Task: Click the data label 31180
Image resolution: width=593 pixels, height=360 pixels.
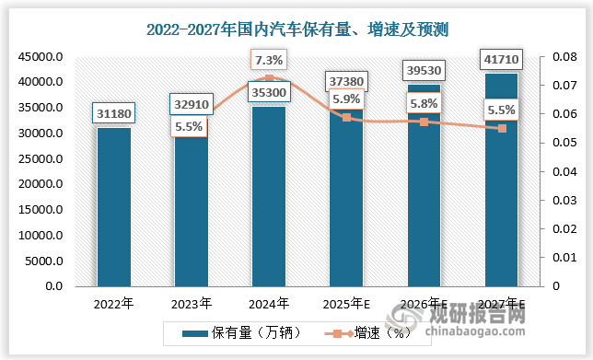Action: [x=113, y=114]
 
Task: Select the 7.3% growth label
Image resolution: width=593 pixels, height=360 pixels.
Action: [x=269, y=61]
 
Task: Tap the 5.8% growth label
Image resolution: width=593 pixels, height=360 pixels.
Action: [x=424, y=104]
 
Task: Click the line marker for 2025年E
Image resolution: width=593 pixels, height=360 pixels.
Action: [x=346, y=118]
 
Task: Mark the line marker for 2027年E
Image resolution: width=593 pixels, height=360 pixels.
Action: [x=503, y=129]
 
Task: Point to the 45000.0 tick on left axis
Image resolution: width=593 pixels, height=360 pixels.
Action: [x=39, y=57]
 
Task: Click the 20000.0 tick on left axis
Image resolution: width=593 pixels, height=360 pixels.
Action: [x=39, y=184]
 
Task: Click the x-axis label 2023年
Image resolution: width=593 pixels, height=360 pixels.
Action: [x=192, y=302]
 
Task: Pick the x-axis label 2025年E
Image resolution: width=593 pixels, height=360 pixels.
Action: [x=346, y=302]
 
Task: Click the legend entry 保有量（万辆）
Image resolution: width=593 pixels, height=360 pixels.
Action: [x=237, y=333]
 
